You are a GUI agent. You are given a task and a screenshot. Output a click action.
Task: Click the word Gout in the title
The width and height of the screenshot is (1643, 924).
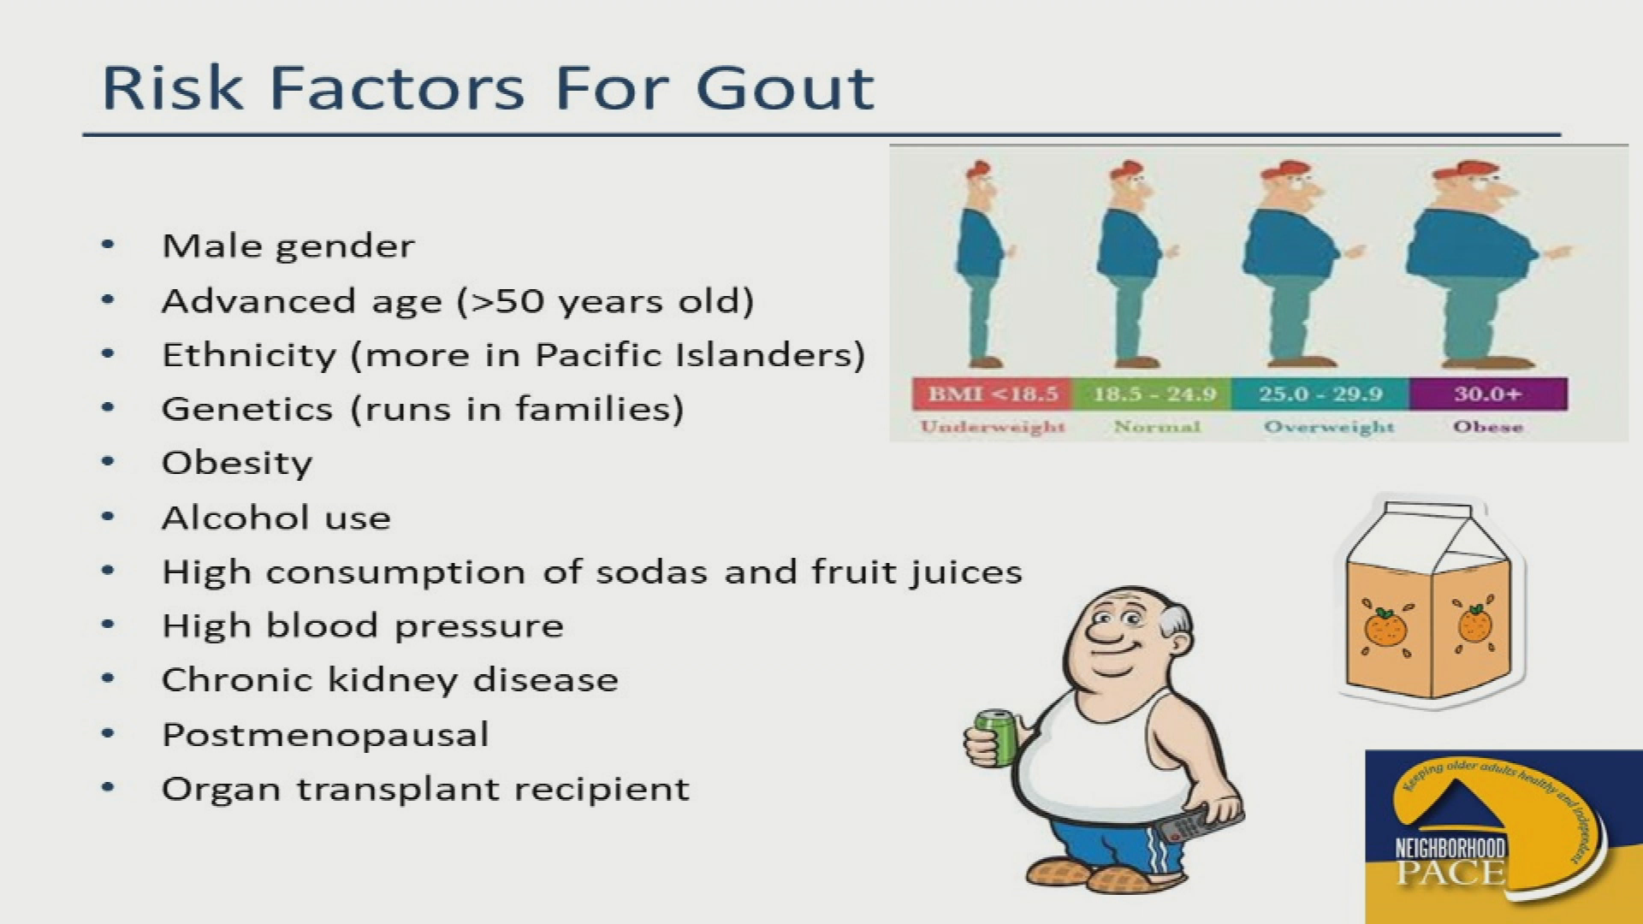(785, 87)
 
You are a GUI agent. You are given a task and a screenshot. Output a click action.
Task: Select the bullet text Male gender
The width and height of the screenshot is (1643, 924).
(288, 246)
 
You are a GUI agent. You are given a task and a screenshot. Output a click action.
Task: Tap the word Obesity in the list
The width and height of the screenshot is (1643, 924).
(237, 464)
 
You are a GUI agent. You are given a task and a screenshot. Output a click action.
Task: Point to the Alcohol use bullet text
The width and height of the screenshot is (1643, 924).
(276, 518)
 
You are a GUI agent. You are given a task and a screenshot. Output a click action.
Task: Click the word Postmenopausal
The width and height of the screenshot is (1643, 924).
(325, 735)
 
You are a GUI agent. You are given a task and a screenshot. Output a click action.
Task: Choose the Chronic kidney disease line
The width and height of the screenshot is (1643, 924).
(390, 680)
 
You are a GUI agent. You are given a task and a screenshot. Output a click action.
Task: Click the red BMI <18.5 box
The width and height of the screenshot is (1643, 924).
(992, 394)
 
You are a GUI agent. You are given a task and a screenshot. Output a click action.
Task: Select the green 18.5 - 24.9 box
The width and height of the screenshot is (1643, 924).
(1154, 394)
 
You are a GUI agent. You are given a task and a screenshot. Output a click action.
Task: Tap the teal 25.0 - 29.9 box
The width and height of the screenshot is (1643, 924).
(1320, 394)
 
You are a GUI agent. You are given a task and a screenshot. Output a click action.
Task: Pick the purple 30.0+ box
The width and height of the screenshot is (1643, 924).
(1488, 394)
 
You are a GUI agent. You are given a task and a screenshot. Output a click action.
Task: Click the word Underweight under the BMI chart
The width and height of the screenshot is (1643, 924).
(993, 426)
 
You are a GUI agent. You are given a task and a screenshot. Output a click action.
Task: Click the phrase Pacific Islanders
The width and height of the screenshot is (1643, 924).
(700, 355)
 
